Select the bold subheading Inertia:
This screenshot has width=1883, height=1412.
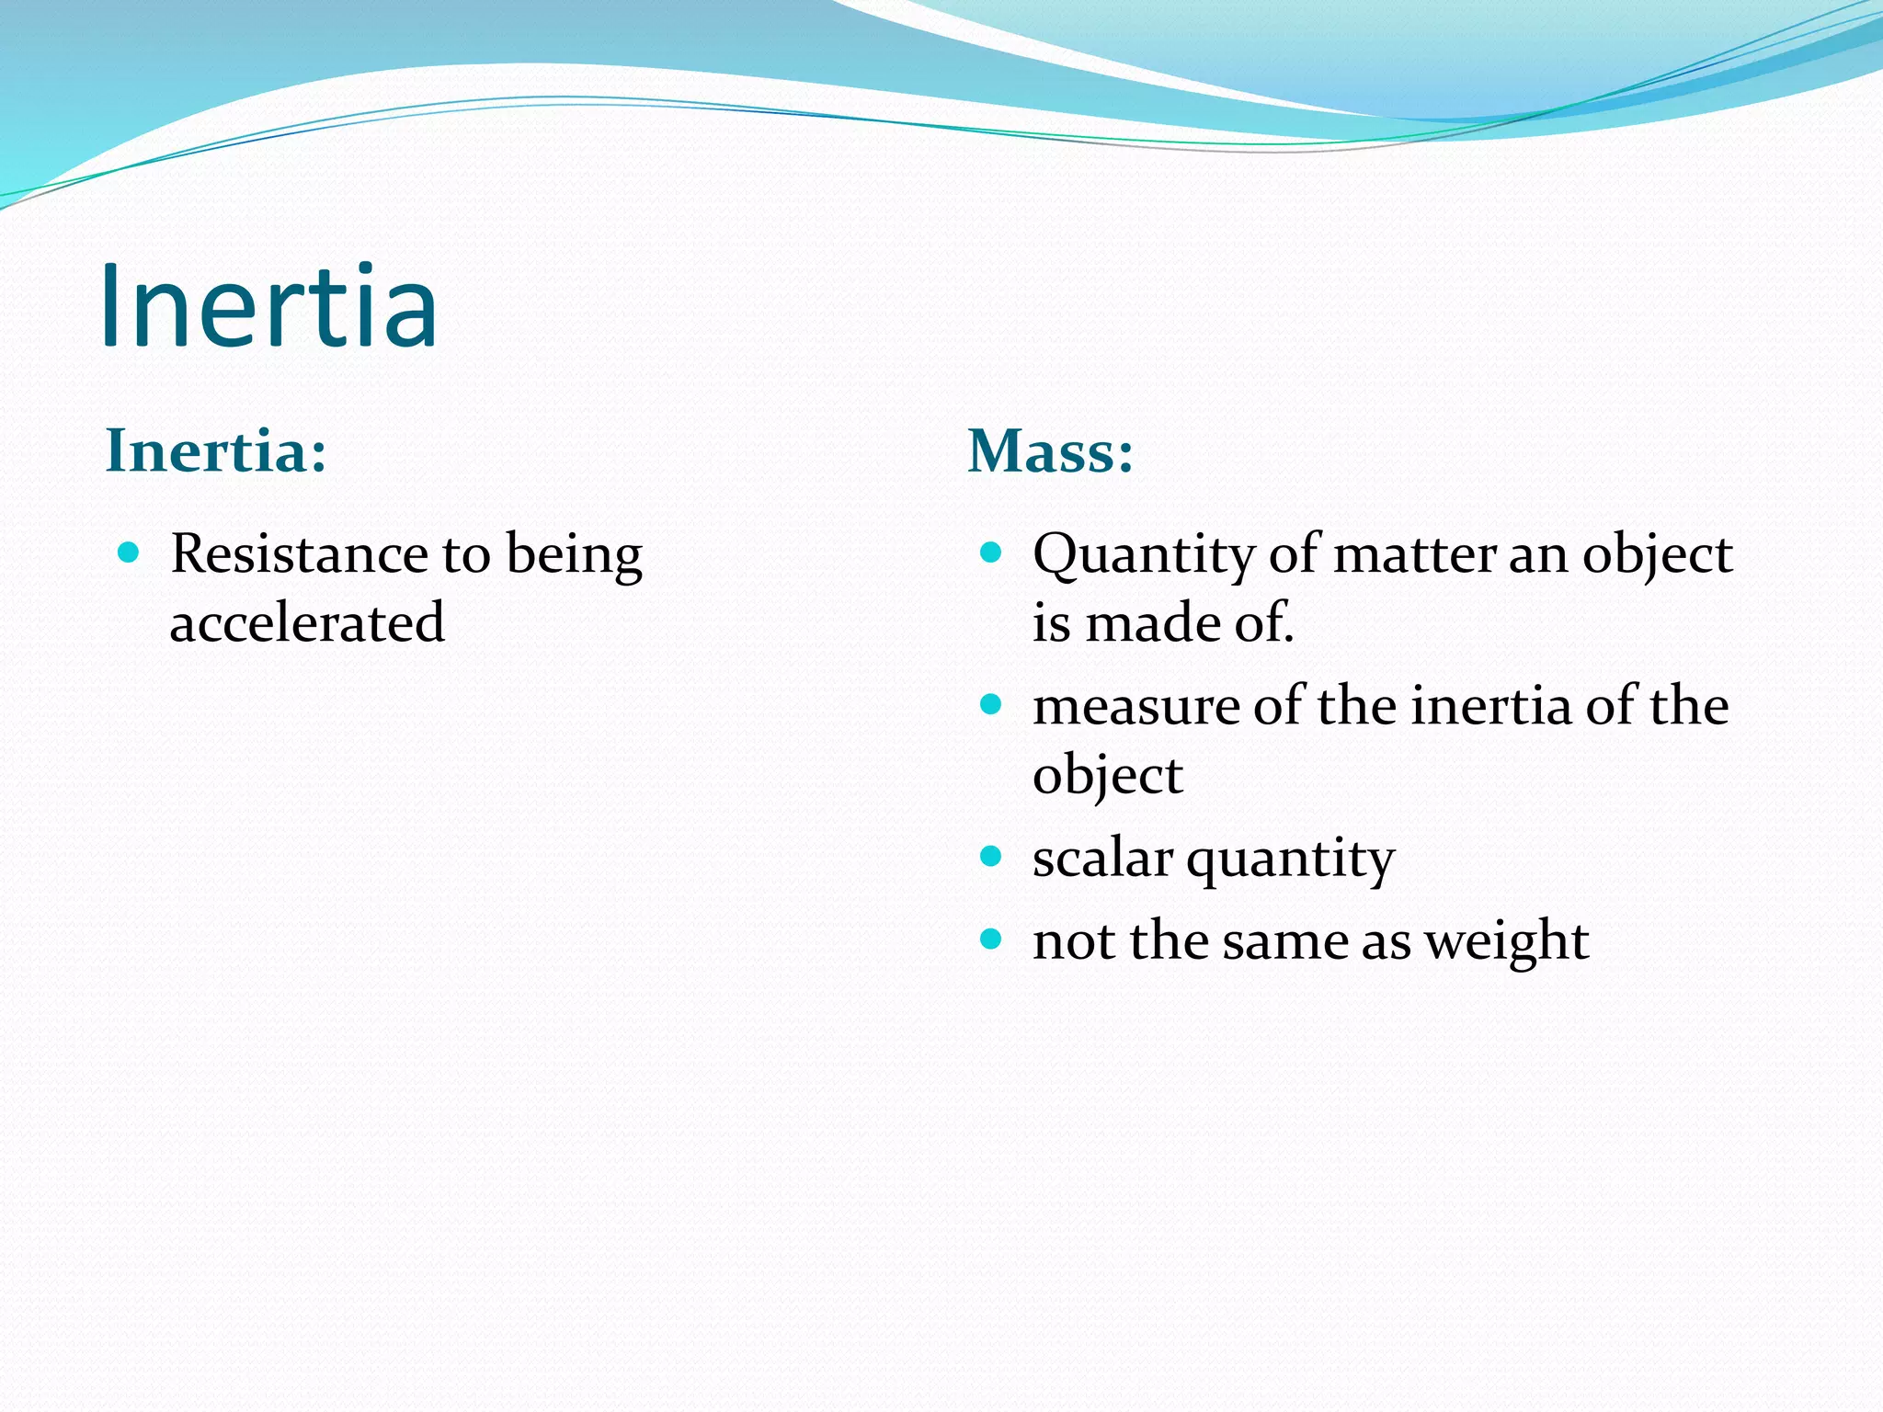tap(216, 451)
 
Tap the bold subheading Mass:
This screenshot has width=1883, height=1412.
tap(1050, 451)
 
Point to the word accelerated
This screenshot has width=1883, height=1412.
tap(307, 623)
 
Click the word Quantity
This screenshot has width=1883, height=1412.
tap(1143, 556)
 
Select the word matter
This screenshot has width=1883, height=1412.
tap(1413, 554)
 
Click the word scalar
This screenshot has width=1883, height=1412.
tap(1102, 859)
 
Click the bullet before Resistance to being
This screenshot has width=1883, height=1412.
tap(129, 552)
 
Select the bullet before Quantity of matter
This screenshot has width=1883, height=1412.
tap(990, 552)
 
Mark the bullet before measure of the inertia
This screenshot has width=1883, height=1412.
tap(990, 705)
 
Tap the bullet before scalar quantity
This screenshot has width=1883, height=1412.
tap(990, 857)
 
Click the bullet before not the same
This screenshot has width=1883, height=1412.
tap(990, 939)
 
